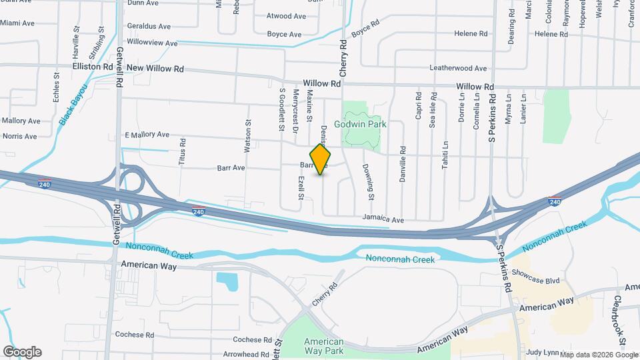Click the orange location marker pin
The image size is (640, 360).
click(x=321, y=159)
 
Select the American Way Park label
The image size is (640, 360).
click(x=324, y=345)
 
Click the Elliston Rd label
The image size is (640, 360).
click(x=93, y=67)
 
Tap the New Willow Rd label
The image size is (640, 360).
click(x=155, y=68)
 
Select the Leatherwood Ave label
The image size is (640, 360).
click(x=457, y=68)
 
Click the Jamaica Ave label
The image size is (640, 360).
click(x=383, y=219)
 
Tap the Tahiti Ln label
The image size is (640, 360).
click(x=445, y=155)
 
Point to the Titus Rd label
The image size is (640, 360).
click(x=182, y=152)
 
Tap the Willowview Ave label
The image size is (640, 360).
click(x=152, y=43)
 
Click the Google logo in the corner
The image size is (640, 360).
click(x=22, y=352)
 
